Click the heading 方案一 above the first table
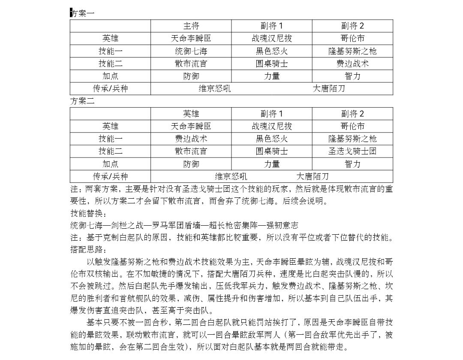(82, 13)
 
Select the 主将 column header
(191, 26)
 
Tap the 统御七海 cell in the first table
(191, 51)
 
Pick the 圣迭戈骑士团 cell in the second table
(352, 151)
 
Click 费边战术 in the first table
(352, 64)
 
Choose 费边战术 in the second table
(191, 139)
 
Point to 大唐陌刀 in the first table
(329, 89)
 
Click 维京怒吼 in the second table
(231, 176)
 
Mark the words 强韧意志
(283, 225)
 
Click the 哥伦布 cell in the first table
(352, 39)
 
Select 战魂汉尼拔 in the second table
(272, 127)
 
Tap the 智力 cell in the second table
(352, 164)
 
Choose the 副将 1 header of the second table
(272, 114)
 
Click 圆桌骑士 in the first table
(272, 64)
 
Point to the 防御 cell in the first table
(191, 76)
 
